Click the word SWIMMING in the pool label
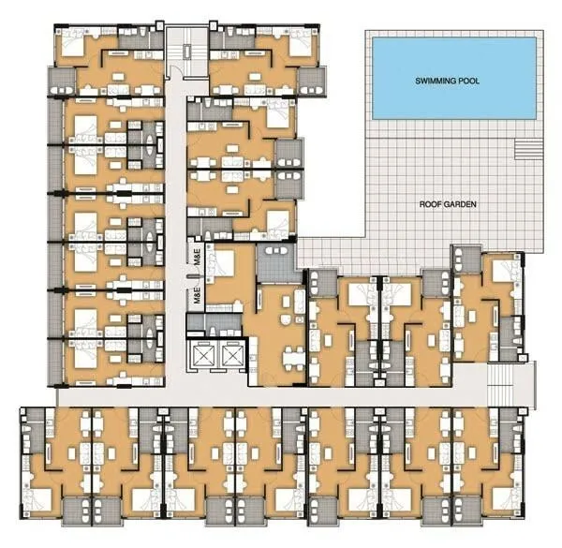(433, 81)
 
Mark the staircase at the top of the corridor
(187, 51)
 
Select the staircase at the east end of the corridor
(501, 384)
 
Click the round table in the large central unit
(286, 319)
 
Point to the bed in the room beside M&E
(222, 262)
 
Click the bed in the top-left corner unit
(73, 43)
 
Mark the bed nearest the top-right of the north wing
(301, 43)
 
